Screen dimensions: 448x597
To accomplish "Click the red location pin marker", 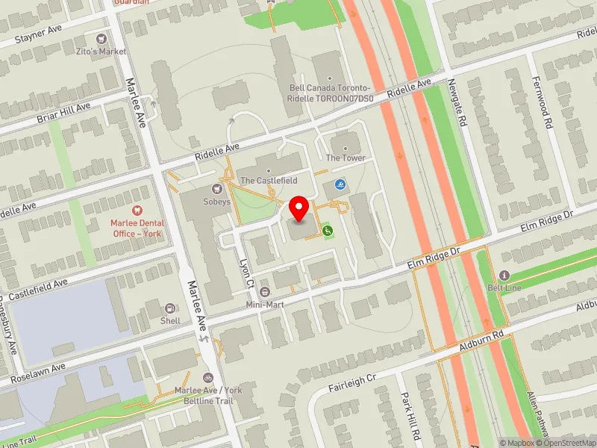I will (x=299, y=209).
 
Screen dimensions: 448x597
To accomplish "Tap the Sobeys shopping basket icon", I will (x=218, y=189).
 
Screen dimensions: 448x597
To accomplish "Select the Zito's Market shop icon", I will (x=101, y=39).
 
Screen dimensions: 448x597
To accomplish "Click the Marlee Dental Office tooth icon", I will (x=137, y=211).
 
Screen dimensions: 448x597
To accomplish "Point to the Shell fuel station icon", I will (x=170, y=308).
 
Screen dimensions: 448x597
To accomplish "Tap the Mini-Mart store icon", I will (x=266, y=291).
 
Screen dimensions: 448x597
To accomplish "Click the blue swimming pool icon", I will (x=340, y=184).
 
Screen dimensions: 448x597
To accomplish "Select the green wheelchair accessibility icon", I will (x=327, y=231).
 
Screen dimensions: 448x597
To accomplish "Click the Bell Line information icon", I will (x=504, y=275).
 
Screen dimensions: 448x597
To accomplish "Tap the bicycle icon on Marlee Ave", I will (x=207, y=378).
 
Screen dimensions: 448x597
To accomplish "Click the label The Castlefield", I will (x=269, y=181).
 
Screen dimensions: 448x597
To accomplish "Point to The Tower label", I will (x=345, y=158).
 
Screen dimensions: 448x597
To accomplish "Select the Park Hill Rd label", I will (x=409, y=414).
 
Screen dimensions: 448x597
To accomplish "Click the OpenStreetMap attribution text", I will (x=566, y=443).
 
